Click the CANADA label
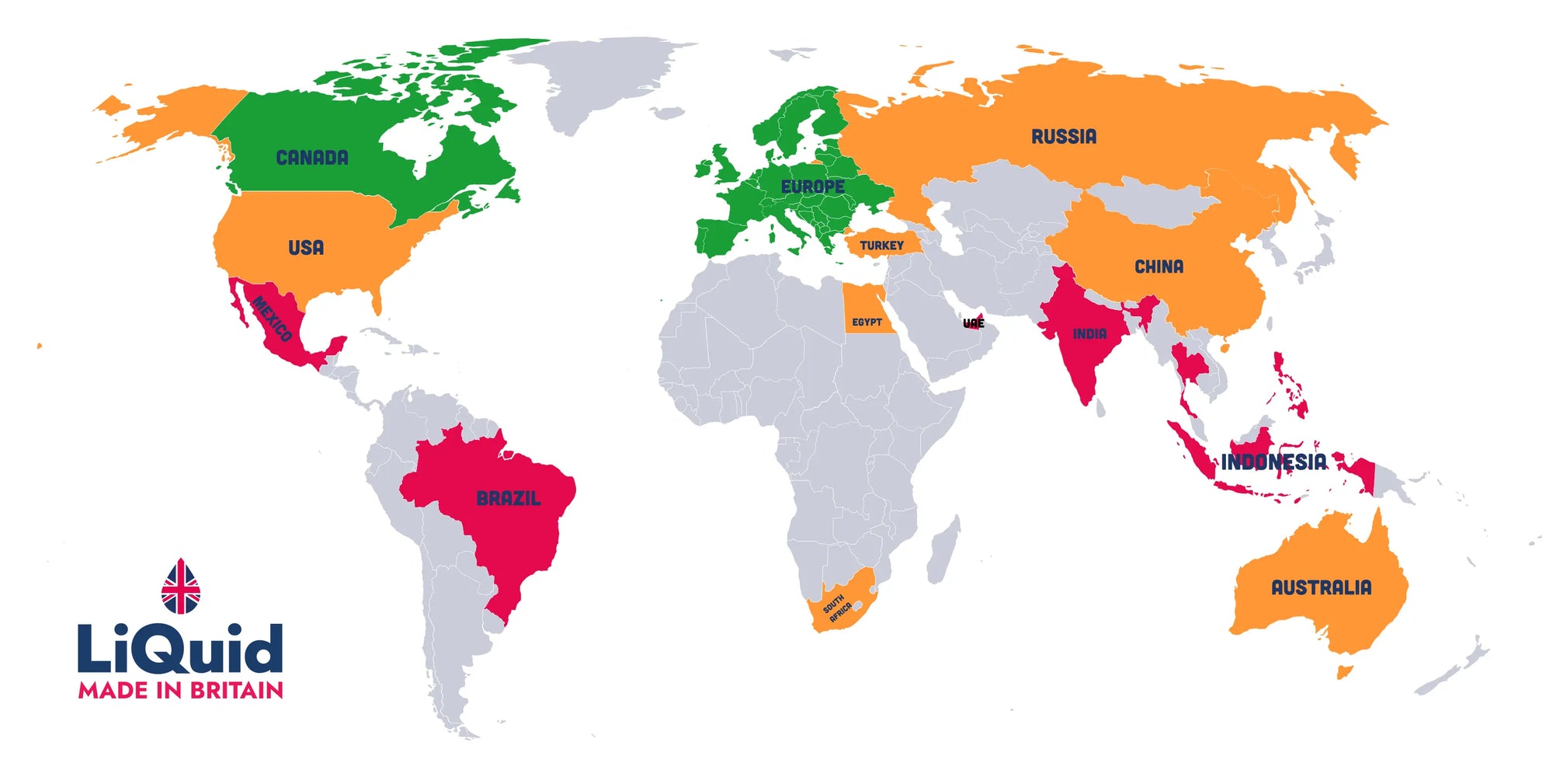pyautogui.click(x=312, y=158)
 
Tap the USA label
pyautogui.click(x=306, y=248)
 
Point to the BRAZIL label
pyautogui.click(x=508, y=498)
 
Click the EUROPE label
pyautogui.click(x=812, y=186)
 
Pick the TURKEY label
pyautogui.click(x=881, y=246)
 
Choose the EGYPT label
pyautogui.click(x=867, y=322)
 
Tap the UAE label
pyautogui.click(x=974, y=323)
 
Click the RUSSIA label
pyautogui.click(x=1064, y=137)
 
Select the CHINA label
pyautogui.click(x=1159, y=267)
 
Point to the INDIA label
pyautogui.click(x=1089, y=334)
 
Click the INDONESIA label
pyautogui.click(x=1273, y=462)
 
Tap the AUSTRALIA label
pyautogui.click(x=1321, y=587)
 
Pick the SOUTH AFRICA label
pyautogui.click(x=837, y=608)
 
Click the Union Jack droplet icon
pyautogui.click(x=180, y=587)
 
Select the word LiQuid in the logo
pyautogui.click(x=180, y=649)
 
